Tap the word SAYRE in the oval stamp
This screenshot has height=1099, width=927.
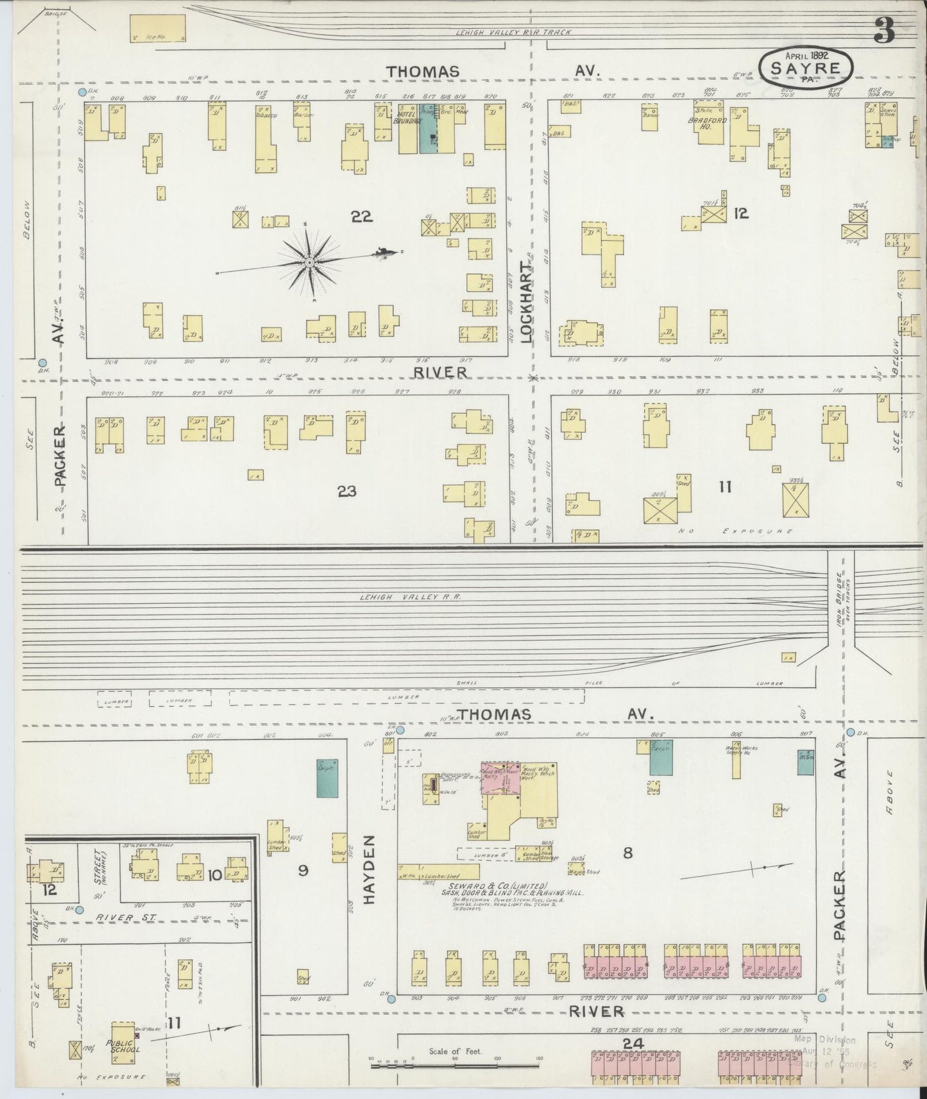pyautogui.click(x=806, y=68)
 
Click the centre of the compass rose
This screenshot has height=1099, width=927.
pyautogui.click(x=309, y=262)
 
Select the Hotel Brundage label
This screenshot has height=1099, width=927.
pyautogui.click(x=407, y=118)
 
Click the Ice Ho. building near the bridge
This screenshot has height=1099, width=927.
pyautogui.click(x=158, y=29)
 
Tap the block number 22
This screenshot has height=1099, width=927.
pyautogui.click(x=362, y=217)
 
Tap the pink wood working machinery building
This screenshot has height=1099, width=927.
pyautogui.click(x=500, y=782)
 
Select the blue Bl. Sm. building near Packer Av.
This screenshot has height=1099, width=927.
pyautogui.click(x=806, y=757)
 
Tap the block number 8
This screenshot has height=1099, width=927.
pyautogui.click(x=627, y=853)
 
